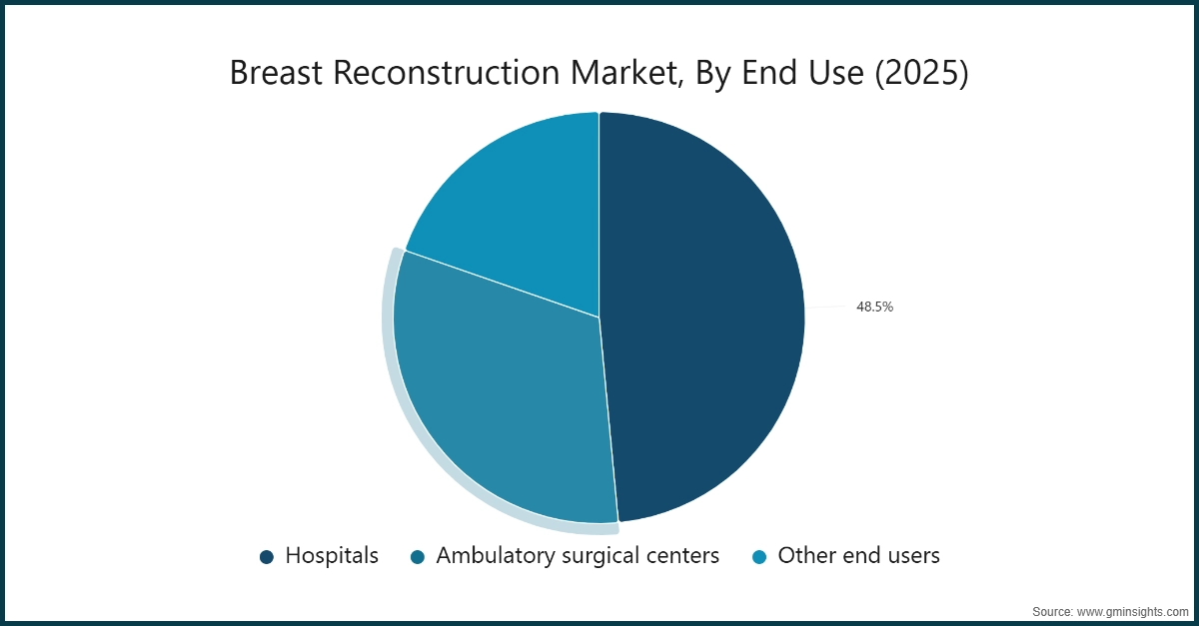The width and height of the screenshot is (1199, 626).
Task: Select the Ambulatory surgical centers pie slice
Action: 500,399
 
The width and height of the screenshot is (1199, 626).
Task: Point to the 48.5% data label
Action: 874,308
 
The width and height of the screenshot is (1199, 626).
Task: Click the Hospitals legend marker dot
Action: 267,557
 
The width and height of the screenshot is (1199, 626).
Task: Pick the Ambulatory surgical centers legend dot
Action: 418,557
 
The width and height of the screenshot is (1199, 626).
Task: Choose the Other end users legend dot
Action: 759,557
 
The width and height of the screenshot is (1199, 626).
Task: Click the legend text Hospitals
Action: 332,556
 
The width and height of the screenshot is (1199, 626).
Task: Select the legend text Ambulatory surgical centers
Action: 578,556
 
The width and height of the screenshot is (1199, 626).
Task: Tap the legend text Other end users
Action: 858,556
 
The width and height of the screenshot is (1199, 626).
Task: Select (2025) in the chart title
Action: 921,74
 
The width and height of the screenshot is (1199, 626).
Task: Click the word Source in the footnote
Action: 1052,610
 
